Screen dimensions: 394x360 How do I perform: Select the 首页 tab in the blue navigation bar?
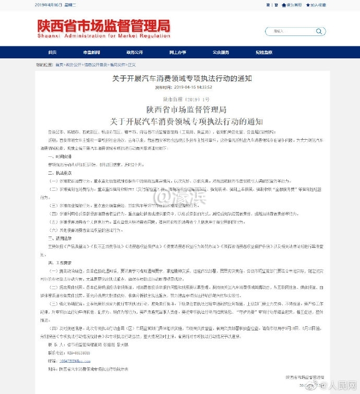52,53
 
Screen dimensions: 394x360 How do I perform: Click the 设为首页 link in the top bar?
292,5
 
